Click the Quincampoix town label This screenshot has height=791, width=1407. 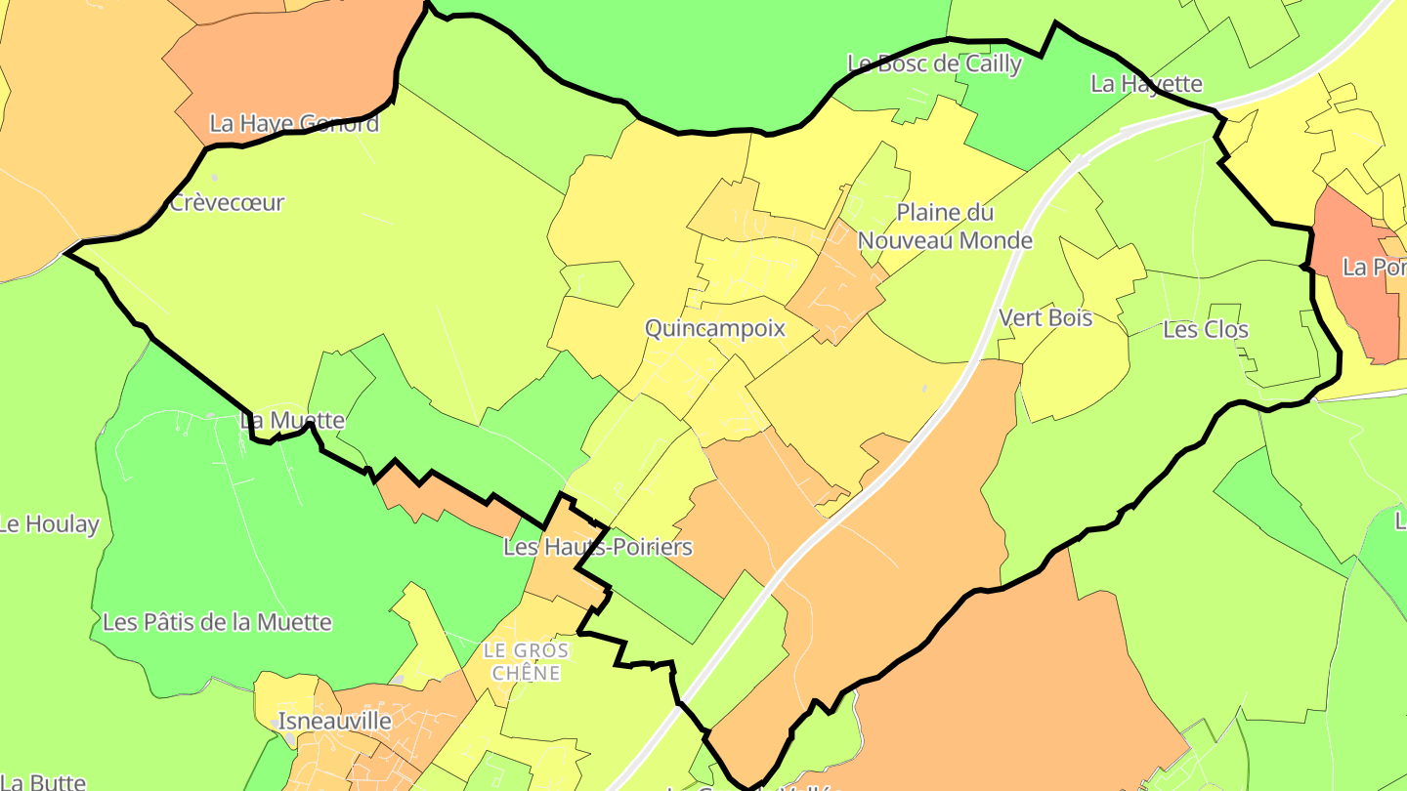pos(715,328)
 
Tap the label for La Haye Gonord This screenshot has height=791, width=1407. pos(294,124)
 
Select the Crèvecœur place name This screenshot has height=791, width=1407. pos(227,203)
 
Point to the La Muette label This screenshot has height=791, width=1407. pos(292,421)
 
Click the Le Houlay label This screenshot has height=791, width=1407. pos(49,524)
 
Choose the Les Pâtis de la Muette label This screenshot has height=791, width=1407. pos(217,622)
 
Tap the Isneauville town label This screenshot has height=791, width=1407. pos(335,722)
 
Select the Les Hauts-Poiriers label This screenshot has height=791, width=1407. pos(597,547)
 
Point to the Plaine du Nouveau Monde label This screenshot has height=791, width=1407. pos(945,227)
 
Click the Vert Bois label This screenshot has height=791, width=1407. pos(1045,317)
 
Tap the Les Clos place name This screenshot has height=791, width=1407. pos(1206,330)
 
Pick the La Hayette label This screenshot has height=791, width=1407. pos(1146,84)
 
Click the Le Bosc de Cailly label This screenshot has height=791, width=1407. pos(934,64)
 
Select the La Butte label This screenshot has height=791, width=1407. pos(44,782)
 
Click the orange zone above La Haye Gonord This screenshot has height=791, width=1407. pos(293,59)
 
